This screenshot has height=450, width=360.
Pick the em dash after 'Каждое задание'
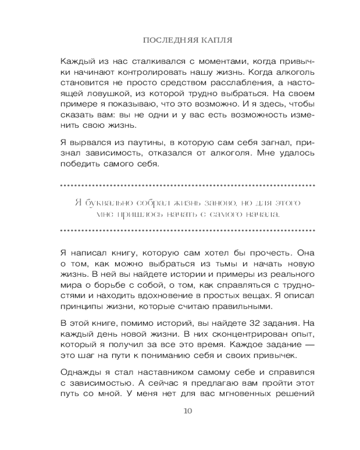(x=308, y=345)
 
